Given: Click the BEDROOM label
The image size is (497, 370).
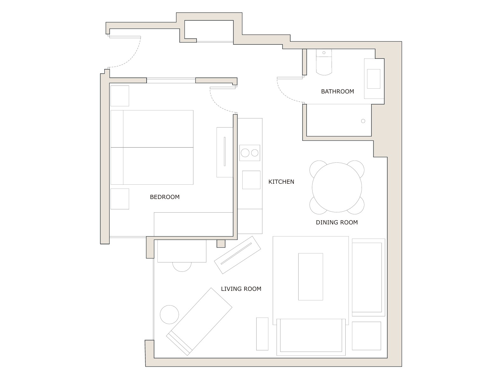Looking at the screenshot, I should coord(164,197).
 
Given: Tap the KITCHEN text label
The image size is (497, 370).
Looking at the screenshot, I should coord(281,182).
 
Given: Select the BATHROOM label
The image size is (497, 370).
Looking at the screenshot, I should coord(337,92).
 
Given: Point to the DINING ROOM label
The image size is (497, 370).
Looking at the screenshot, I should coord(336,223).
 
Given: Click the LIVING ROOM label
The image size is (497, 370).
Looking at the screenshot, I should coord(241,289).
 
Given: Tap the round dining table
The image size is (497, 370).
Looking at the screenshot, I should coord(336,187).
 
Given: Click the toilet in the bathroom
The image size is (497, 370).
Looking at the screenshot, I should coord(324,65).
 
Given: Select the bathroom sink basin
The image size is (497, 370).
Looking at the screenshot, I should coord(373,79).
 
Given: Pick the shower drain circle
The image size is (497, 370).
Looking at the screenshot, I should coord(363,121).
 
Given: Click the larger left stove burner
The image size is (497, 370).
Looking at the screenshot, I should coord(245,153).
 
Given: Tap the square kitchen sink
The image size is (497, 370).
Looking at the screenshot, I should coord(251,180).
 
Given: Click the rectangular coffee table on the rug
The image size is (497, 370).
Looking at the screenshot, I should coord(310,277).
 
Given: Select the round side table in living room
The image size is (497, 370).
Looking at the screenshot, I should coord(169,315).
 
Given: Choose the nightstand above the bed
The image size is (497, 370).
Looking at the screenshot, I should coord(120,96).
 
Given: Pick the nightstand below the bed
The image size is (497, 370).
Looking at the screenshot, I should coord(120,199).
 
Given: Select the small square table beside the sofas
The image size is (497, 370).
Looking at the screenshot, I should coord(366,336).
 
